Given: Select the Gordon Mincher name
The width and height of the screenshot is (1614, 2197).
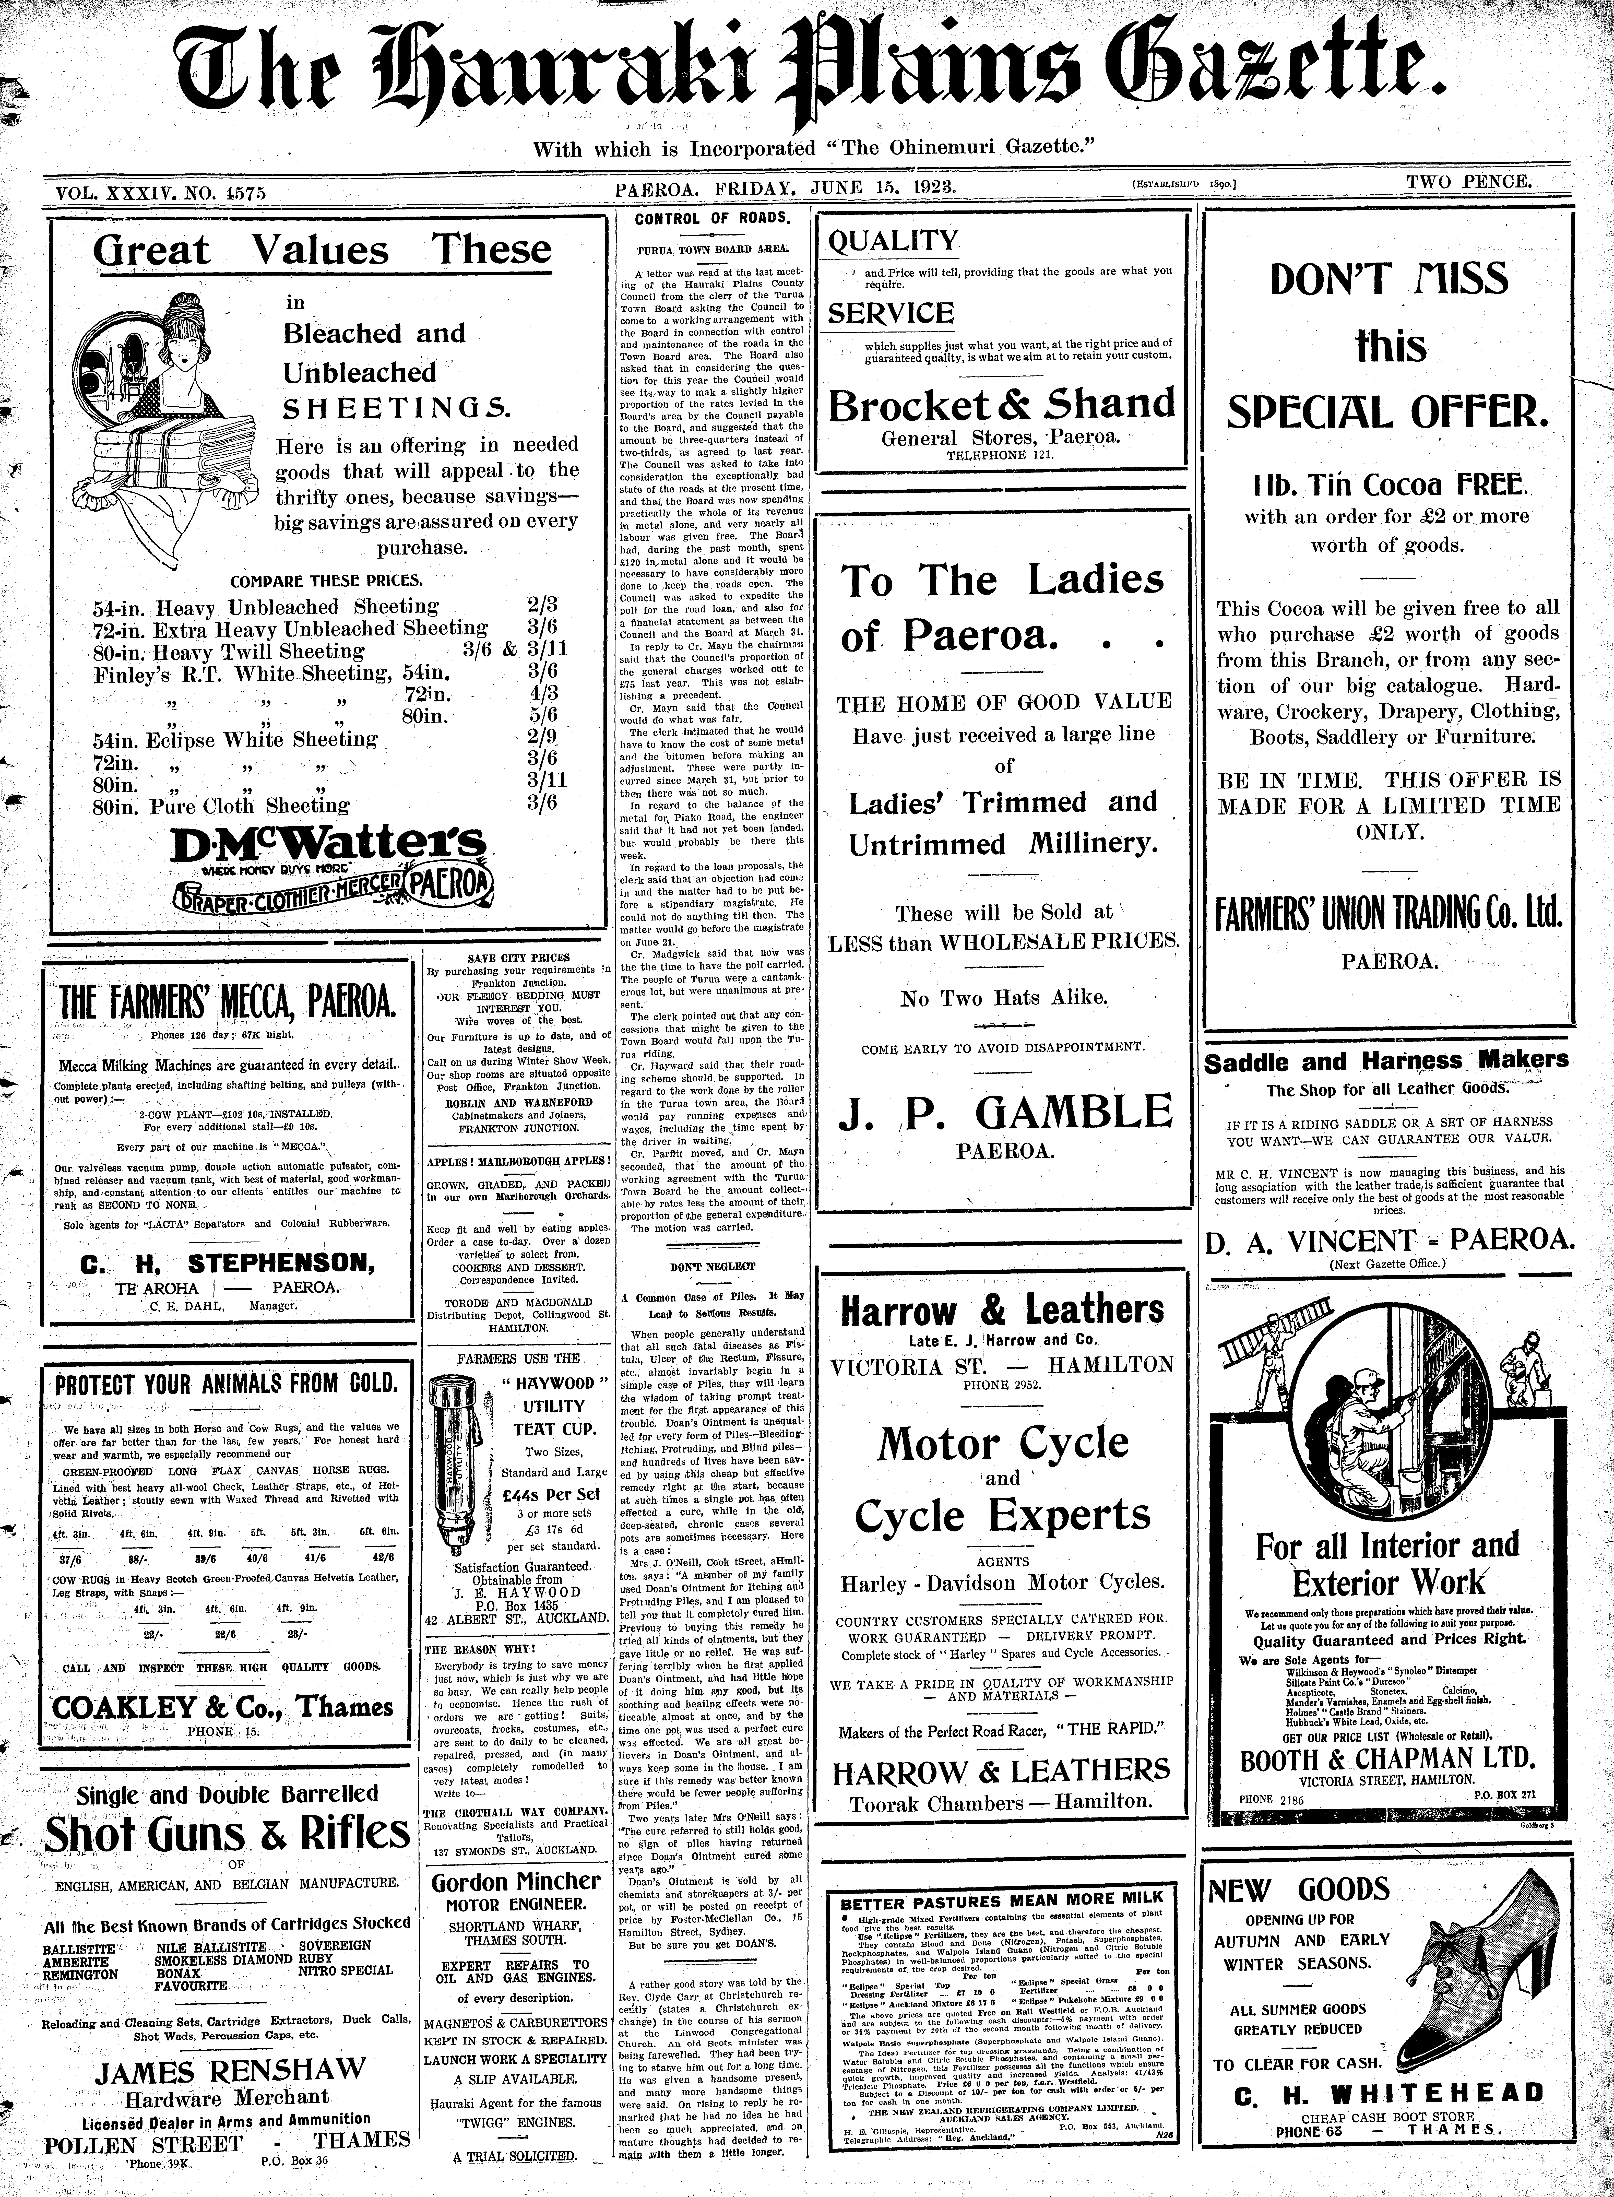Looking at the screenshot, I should point(516,1882).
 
